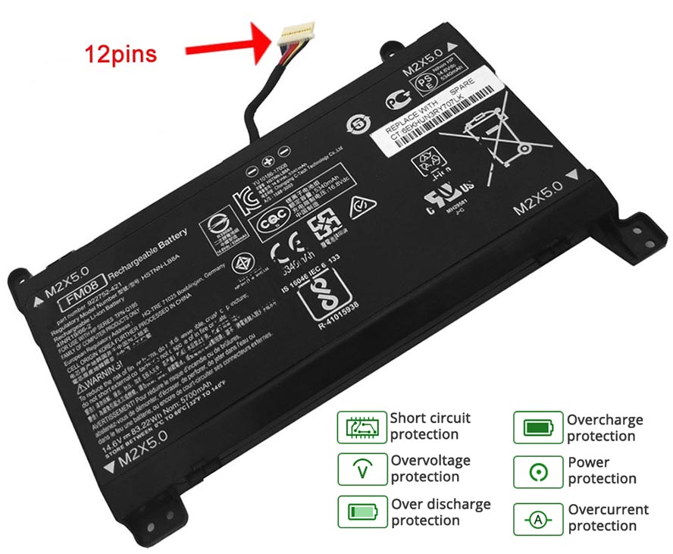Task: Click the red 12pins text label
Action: click(121, 54)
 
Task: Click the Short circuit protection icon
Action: click(360, 427)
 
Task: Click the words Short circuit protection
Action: click(430, 426)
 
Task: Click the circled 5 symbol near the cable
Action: click(357, 123)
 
